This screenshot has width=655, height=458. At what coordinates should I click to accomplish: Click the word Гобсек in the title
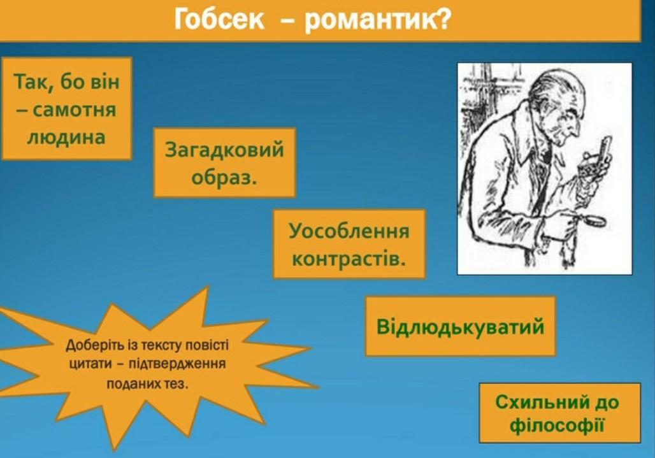(x=219, y=19)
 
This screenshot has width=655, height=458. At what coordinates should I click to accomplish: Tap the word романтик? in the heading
(x=377, y=20)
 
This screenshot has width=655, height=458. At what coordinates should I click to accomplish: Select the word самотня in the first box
(x=74, y=110)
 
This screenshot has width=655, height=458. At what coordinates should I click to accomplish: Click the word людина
(x=66, y=138)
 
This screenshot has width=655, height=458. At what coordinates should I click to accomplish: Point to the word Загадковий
(x=224, y=150)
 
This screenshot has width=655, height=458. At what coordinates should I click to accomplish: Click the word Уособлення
(x=349, y=231)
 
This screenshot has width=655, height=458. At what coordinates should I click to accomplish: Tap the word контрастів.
(x=349, y=259)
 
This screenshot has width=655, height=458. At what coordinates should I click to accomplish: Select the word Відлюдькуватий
(x=460, y=326)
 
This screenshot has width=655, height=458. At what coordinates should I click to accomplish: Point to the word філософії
(x=558, y=426)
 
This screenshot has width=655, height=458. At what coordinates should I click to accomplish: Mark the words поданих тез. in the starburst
(x=147, y=383)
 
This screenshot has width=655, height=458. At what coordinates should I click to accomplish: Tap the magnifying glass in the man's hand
(x=595, y=220)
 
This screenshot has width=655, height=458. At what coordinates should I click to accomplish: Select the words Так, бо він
(x=67, y=81)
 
